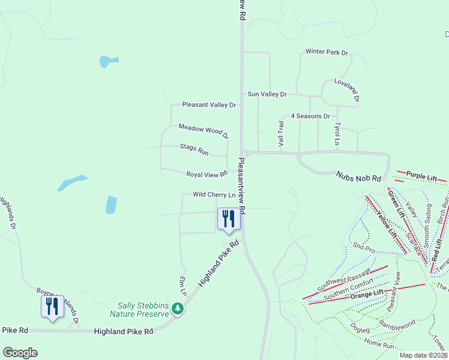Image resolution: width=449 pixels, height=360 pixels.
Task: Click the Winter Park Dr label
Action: [x=327, y=52]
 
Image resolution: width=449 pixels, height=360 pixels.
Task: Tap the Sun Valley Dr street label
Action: [x=267, y=94]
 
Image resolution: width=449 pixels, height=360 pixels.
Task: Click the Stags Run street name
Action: [x=194, y=149]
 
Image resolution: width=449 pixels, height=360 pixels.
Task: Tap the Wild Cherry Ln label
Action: [x=214, y=194]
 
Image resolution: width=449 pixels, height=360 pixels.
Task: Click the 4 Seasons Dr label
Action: [x=310, y=116]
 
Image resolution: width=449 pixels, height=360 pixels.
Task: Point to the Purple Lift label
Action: [x=421, y=176]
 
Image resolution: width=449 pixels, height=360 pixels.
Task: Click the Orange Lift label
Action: [x=367, y=294]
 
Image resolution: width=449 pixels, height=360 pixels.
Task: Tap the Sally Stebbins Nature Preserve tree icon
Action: [x=177, y=308]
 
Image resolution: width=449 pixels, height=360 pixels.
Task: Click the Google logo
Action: [x=20, y=353]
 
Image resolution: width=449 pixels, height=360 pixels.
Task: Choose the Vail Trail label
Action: [x=280, y=133]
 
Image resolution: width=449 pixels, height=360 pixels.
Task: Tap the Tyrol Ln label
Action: [x=337, y=134]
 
